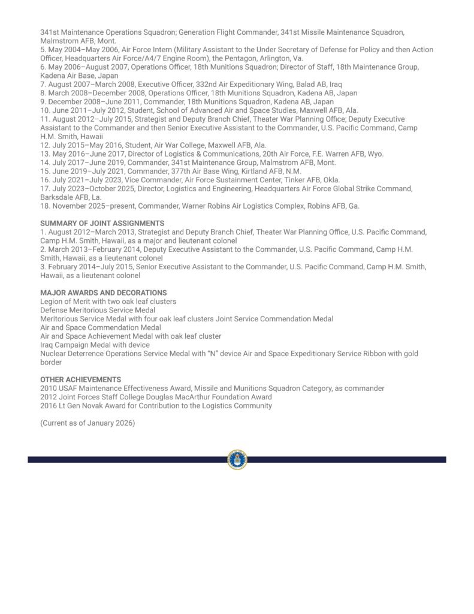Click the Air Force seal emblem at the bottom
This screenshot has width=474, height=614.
coord(237,459)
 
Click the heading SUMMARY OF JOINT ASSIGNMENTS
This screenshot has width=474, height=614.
coord(102,223)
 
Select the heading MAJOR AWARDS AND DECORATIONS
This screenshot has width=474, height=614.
coord(103,293)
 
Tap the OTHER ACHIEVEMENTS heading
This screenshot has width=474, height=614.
coord(80,380)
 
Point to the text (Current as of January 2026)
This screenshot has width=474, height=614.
coord(87,423)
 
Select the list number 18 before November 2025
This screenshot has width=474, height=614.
coord(45,206)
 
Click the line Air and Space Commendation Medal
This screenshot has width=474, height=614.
coord(100,327)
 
